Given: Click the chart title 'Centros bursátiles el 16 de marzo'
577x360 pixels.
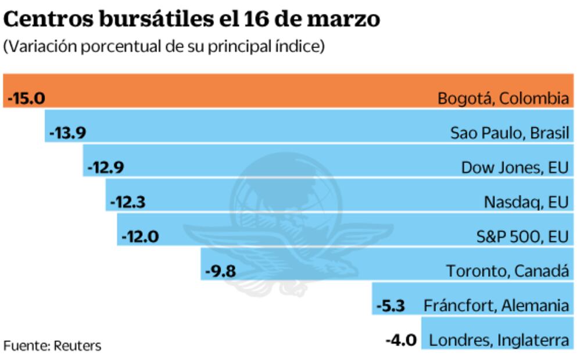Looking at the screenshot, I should (x=192, y=19).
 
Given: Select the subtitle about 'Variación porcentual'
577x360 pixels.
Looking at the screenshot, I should (x=164, y=47).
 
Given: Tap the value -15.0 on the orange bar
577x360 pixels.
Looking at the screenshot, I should (x=26, y=98).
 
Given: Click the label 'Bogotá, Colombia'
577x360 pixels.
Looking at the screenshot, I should (x=503, y=98).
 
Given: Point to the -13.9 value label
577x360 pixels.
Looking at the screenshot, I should (x=68, y=133).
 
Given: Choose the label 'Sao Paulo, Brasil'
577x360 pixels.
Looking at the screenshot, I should (x=510, y=133).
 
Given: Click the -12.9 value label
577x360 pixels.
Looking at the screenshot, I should (x=105, y=168).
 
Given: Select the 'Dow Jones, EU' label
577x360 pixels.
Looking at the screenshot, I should (x=515, y=168).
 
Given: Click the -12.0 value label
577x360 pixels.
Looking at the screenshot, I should (x=139, y=237).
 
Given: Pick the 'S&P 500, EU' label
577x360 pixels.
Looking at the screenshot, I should (x=521, y=237).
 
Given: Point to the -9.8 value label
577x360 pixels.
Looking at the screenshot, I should (x=221, y=271).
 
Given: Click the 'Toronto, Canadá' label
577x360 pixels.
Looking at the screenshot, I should (x=508, y=271).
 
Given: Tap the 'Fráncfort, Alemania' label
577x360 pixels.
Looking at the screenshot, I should (x=496, y=305).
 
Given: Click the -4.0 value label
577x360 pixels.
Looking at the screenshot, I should (x=402, y=340).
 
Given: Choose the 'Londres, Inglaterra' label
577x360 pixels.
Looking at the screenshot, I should (x=499, y=340).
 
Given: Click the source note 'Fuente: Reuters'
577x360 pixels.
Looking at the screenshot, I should (x=52, y=346).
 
